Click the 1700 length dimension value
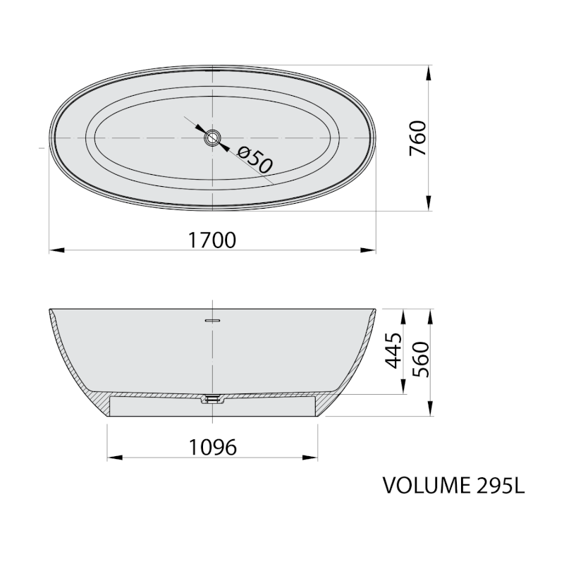click(211, 240)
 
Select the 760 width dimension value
click(417, 138)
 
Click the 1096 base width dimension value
click(211, 447)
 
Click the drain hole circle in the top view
click(212, 137)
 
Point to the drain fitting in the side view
click(212, 399)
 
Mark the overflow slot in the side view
click(212, 319)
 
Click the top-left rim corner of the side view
click(50, 310)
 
